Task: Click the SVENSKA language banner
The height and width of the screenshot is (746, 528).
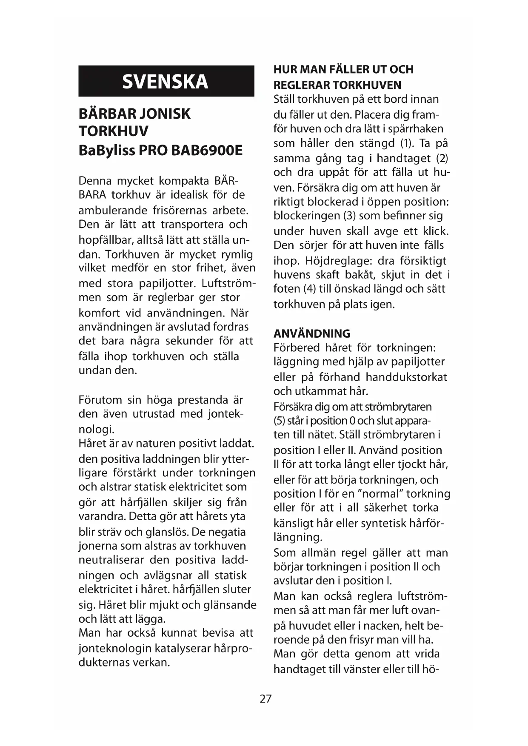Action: pos(166,81)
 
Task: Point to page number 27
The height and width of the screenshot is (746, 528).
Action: pos(265,699)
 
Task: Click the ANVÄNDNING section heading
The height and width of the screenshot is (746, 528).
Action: pos(312,333)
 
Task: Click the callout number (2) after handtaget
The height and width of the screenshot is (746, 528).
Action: pos(442,158)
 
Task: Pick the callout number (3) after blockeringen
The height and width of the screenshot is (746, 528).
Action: pos(349,216)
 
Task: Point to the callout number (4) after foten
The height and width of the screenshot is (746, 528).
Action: pos(309,289)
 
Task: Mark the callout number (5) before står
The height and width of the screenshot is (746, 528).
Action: pos(279,421)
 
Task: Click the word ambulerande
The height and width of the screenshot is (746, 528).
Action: pos(112,211)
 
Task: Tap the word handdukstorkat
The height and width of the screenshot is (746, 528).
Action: pos(406,377)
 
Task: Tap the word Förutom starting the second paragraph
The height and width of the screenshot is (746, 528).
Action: pos(100,400)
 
